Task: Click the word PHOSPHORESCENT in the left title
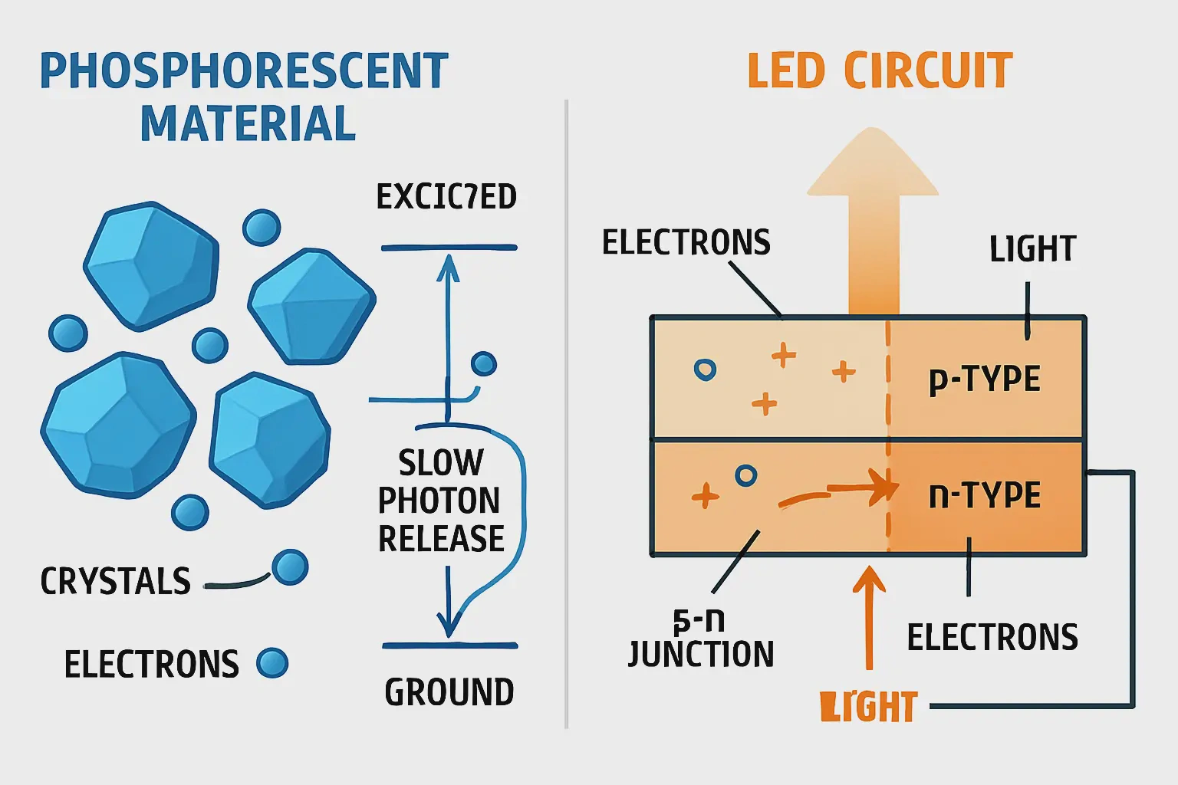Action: (x=244, y=71)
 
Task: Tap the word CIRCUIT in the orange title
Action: (x=928, y=71)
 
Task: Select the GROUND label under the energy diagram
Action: (x=449, y=692)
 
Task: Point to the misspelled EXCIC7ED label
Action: (x=446, y=197)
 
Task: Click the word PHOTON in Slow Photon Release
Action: (x=439, y=501)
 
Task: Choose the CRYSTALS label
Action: (x=116, y=581)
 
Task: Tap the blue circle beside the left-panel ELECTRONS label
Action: (x=272, y=663)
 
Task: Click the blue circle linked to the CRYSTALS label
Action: (x=290, y=568)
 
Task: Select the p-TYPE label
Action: (x=985, y=379)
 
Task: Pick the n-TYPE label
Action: (x=985, y=495)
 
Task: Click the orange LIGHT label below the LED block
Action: (x=869, y=707)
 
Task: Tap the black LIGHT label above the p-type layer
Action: (x=1033, y=249)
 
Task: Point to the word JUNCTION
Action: (x=701, y=654)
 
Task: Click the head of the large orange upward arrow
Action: (x=873, y=165)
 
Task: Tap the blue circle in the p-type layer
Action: (x=705, y=370)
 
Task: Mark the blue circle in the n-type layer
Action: (x=745, y=475)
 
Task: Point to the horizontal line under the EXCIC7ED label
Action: (x=449, y=248)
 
